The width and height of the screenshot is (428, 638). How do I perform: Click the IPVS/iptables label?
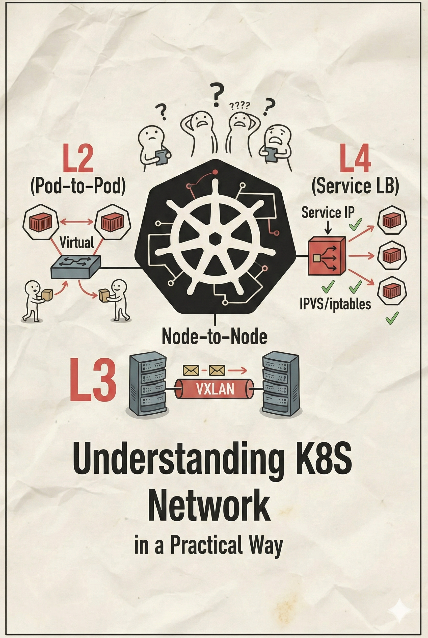point(335,304)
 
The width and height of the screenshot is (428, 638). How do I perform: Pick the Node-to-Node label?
point(214,337)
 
